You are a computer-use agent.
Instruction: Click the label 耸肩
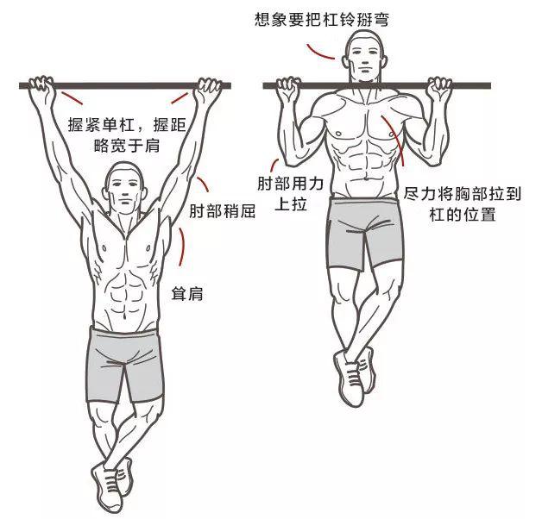(187, 294)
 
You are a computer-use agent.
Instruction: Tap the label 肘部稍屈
(223, 211)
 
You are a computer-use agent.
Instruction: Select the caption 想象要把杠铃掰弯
(322, 19)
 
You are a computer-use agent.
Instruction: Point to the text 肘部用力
(290, 184)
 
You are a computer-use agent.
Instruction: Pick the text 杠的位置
(463, 214)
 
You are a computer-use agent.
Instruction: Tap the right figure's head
(365, 57)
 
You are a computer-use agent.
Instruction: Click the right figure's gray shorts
(365, 234)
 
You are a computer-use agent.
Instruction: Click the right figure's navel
(367, 178)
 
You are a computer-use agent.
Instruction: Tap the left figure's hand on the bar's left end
(41, 85)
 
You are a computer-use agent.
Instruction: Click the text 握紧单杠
(101, 124)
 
